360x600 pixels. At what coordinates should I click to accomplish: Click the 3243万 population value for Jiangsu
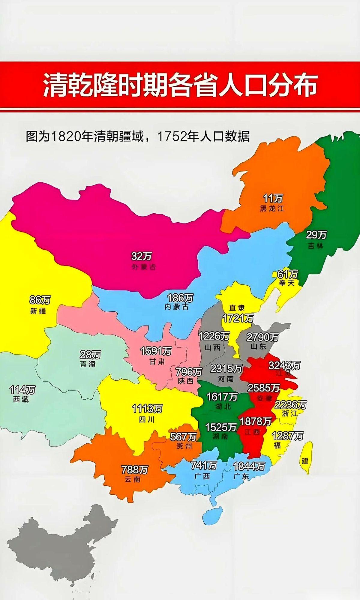point(284,365)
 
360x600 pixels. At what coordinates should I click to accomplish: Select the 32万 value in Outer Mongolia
point(142,256)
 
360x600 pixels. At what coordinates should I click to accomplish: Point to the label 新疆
point(38,311)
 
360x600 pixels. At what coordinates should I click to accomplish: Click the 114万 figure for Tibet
point(22,390)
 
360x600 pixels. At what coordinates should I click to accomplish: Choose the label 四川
point(147,419)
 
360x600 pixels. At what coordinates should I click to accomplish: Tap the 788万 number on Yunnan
point(135,469)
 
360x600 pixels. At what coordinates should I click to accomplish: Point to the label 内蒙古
point(177,307)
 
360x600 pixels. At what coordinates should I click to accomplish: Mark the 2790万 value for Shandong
point(262,337)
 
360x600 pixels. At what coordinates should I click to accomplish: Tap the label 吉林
point(316,246)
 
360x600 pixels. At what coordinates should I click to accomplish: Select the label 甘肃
point(157,361)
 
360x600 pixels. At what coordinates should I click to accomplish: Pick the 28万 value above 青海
point(90,355)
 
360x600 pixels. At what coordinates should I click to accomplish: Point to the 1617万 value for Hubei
point(222,397)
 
